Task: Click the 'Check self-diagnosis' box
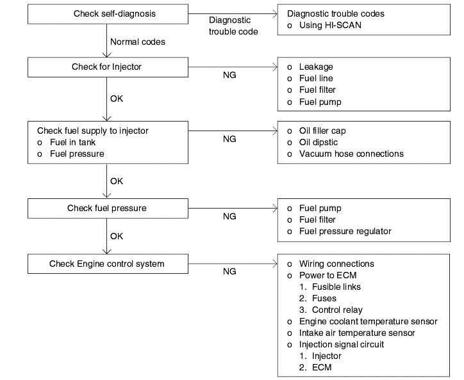(108, 14)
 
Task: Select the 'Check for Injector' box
(108, 67)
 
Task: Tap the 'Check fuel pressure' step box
(108, 209)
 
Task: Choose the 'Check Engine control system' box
(108, 264)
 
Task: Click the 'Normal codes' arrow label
(138, 42)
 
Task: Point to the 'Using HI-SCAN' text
(330, 25)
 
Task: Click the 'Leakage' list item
(316, 67)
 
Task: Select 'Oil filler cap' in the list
(322, 131)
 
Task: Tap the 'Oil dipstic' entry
(319, 143)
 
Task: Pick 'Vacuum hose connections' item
(351, 154)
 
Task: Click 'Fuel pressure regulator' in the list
(345, 232)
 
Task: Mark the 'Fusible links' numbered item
(336, 287)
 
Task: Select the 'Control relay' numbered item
(337, 310)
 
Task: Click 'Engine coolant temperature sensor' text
(368, 322)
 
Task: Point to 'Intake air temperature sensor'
(357, 333)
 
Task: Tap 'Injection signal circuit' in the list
(341, 345)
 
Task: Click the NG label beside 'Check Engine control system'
(229, 271)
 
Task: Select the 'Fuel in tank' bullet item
(72, 143)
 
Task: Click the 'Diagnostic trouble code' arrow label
(233, 26)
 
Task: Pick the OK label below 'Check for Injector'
(116, 99)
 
